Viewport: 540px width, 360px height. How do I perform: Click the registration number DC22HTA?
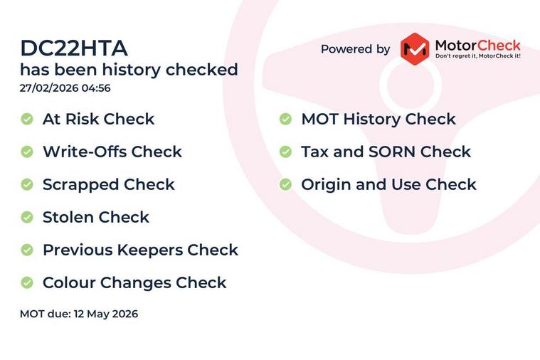(x=74, y=48)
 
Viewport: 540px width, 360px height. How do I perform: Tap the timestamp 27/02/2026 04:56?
(x=65, y=88)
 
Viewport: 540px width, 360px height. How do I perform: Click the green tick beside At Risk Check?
(x=27, y=119)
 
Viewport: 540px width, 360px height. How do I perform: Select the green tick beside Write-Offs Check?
(x=27, y=152)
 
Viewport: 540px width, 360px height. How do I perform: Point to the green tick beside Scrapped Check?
(x=27, y=184)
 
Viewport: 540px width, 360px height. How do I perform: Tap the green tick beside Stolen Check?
(x=27, y=217)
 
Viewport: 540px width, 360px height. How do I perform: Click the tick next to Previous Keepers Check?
(x=27, y=250)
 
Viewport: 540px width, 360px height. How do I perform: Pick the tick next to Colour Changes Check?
(x=27, y=282)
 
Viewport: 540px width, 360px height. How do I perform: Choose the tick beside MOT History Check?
(x=285, y=119)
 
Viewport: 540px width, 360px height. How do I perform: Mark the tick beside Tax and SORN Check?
(x=285, y=152)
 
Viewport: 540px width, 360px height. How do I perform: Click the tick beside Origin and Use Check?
(x=285, y=184)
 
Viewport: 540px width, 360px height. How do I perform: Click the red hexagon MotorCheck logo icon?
(x=415, y=49)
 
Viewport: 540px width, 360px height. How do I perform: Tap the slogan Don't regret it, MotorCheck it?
(x=478, y=55)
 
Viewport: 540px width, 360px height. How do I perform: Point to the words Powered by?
(x=356, y=49)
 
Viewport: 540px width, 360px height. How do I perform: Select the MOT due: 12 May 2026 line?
(x=79, y=314)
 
